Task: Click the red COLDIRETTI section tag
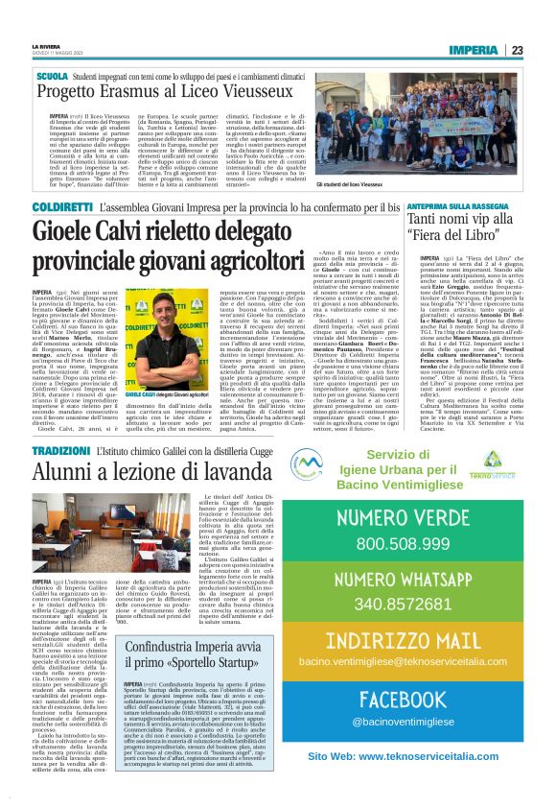pyautogui.click(x=62, y=206)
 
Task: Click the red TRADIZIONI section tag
pyautogui.click(x=60, y=450)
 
